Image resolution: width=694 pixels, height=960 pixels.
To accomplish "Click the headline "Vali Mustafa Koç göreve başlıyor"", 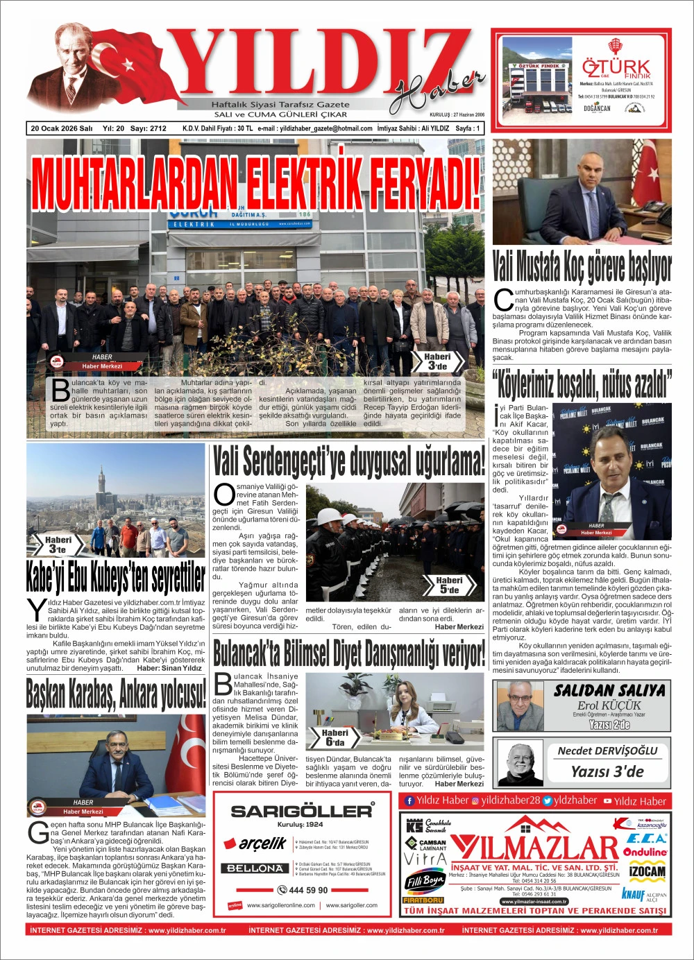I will [x=582, y=265].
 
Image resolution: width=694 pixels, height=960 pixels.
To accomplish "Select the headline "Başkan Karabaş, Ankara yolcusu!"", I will [x=116, y=693].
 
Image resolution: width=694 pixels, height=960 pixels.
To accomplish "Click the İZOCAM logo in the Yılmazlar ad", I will [x=646, y=871].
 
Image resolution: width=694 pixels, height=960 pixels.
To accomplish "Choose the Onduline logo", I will [x=645, y=852].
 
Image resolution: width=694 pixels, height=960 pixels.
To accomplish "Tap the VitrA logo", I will [x=423, y=859].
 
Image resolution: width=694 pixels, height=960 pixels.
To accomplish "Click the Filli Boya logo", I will [x=423, y=882].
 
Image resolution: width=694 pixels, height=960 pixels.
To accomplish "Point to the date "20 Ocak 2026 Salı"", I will [x=62, y=128].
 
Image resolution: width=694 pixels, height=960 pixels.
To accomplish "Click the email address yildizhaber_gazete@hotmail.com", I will [x=314, y=128].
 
